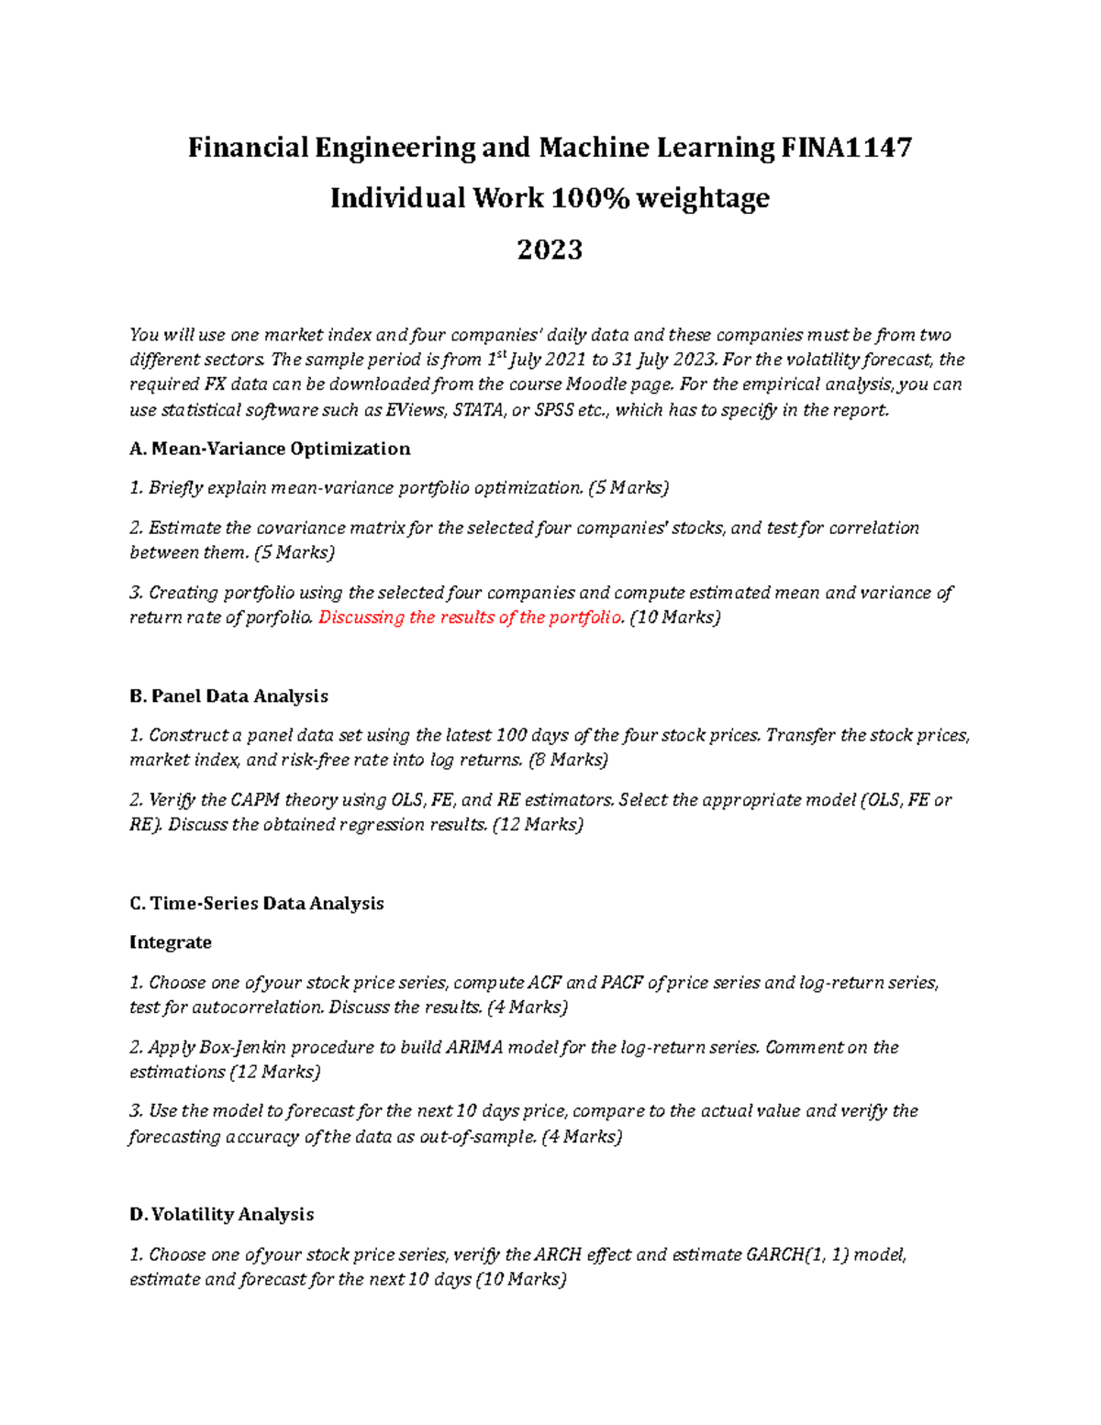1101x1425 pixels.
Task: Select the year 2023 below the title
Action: click(x=550, y=250)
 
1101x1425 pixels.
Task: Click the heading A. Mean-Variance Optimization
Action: click(x=270, y=449)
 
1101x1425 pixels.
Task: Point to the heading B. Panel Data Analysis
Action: click(x=228, y=696)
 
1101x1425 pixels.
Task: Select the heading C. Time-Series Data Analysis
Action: click(x=256, y=904)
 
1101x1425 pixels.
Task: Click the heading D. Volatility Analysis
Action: click(x=221, y=1215)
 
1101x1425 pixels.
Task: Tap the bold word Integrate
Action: click(x=171, y=942)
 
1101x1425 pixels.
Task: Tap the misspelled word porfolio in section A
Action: click(x=279, y=618)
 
